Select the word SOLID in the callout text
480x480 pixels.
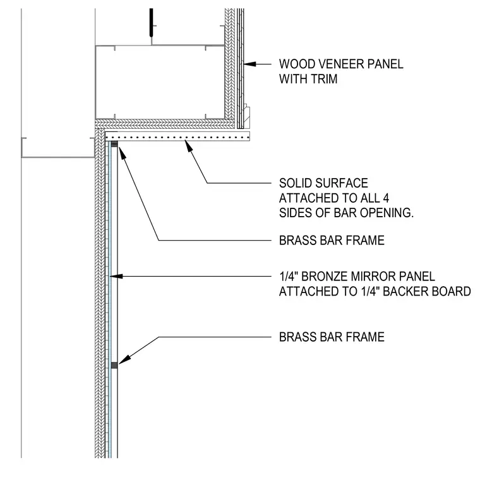point(295,183)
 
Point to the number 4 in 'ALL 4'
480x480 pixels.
point(386,198)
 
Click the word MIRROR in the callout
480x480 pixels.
point(370,277)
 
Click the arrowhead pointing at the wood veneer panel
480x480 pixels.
point(250,64)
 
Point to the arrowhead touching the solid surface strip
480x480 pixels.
point(189,146)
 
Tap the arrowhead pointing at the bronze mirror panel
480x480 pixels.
point(116,277)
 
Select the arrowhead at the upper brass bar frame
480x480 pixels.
point(122,153)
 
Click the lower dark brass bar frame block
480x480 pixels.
point(114,365)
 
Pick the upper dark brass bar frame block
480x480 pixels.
point(114,144)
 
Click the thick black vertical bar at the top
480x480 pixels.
point(151,22)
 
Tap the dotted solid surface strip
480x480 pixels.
point(177,136)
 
